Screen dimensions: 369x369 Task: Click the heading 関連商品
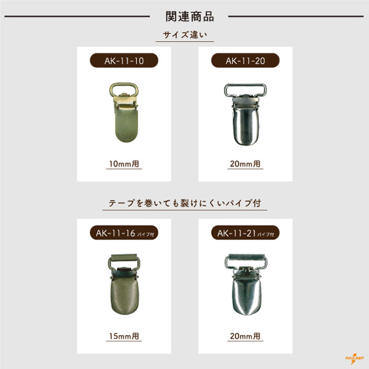(x=189, y=17)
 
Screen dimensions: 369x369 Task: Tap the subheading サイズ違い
(x=185, y=35)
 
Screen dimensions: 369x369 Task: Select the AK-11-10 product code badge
(x=124, y=60)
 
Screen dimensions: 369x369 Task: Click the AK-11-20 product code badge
(x=245, y=60)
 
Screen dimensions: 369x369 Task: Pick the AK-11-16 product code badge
(x=124, y=232)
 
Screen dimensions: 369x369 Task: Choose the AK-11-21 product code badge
(x=245, y=232)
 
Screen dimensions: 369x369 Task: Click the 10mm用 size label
(x=124, y=164)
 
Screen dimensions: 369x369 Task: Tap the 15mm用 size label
(x=124, y=336)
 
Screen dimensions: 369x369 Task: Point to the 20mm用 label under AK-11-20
(x=245, y=164)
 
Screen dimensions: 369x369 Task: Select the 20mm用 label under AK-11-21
(x=245, y=336)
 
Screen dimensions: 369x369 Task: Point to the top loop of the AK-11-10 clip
(x=124, y=84)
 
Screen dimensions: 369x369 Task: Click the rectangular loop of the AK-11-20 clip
(x=245, y=85)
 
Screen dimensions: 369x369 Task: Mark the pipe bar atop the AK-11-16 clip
(x=124, y=256)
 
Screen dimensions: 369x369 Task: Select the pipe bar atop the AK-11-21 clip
(x=246, y=256)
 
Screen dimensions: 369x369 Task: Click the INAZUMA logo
(x=354, y=359)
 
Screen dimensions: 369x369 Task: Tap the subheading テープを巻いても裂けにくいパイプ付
(x=184, y=203)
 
